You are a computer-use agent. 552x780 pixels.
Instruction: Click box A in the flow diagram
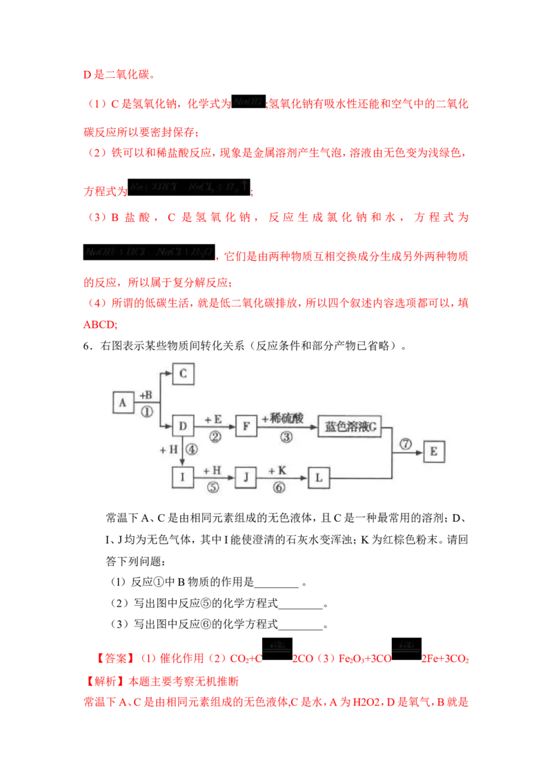point(124,402)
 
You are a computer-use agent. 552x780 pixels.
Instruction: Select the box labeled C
point(184,373)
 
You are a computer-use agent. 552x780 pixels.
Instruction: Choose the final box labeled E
point(434,451)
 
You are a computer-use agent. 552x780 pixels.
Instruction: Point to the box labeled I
point(184,477)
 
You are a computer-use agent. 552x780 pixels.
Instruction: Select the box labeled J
point(246,477)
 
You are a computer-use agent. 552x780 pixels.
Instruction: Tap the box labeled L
point(319,477)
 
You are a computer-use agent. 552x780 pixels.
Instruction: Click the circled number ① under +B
point(146,412)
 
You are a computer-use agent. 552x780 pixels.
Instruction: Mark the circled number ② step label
point(215,437)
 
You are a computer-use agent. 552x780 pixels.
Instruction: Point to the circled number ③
point(286,437)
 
